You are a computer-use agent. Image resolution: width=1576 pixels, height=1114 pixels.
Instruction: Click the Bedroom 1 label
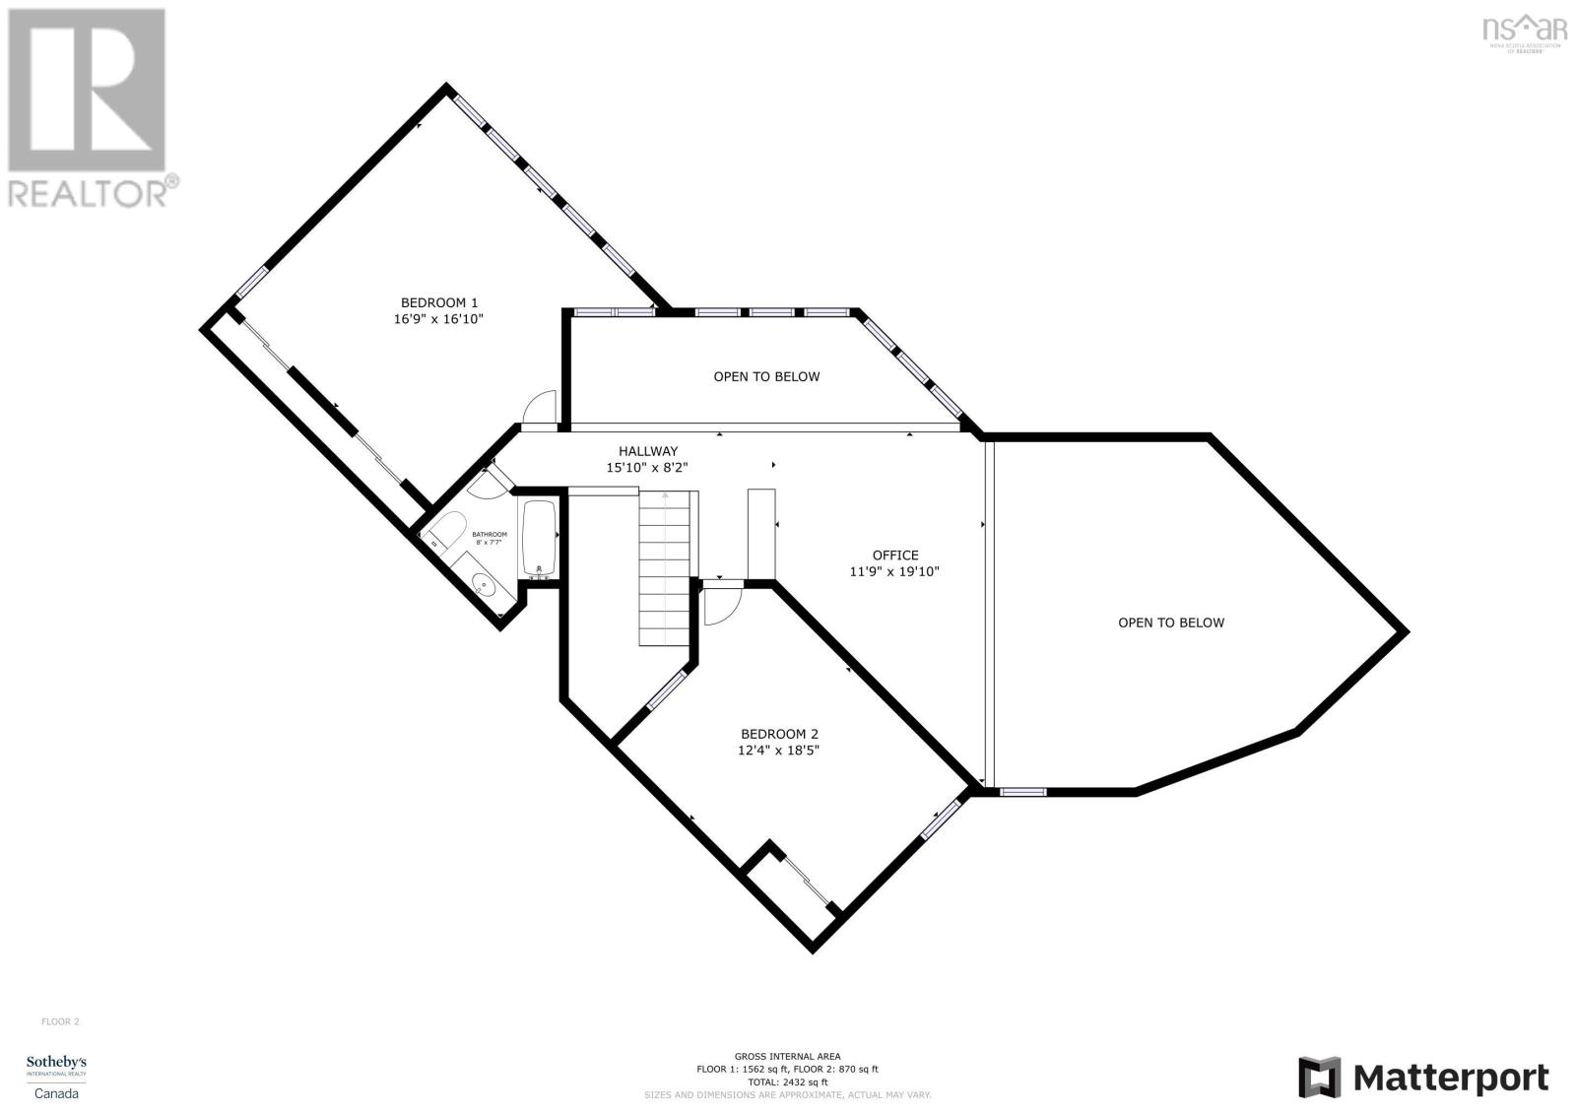(x=438, y=302)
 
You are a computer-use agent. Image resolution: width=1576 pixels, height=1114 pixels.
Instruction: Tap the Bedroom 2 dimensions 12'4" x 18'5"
(x=779, y=751)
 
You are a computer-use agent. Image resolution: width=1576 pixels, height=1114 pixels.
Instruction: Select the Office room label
(x=894, y=556)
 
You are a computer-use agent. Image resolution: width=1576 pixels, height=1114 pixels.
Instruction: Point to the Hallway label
(x=647, y=451)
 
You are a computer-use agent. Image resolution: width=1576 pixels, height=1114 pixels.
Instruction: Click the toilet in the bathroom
(x=447, y=532)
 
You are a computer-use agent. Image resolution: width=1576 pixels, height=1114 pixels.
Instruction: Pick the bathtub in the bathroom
(x=539, y=538)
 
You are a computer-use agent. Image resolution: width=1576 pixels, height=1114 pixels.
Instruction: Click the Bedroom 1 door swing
(x=542, y=407)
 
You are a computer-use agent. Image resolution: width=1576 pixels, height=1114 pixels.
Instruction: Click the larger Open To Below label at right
(x=1170, y=623)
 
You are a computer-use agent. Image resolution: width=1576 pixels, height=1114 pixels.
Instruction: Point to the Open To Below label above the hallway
(x=766, y=376)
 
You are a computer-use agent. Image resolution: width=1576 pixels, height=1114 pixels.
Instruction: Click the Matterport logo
(x=1423, y=1078)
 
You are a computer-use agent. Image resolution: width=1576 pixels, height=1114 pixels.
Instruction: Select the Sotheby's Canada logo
(x=56, y=1076)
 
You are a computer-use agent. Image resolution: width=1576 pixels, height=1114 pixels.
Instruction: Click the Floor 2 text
(x=60, y=1021)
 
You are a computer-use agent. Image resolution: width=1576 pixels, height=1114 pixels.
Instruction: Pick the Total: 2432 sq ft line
(x=787, y=1081)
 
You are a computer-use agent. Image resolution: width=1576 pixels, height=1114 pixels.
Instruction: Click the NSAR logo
(x=1525, y=32)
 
